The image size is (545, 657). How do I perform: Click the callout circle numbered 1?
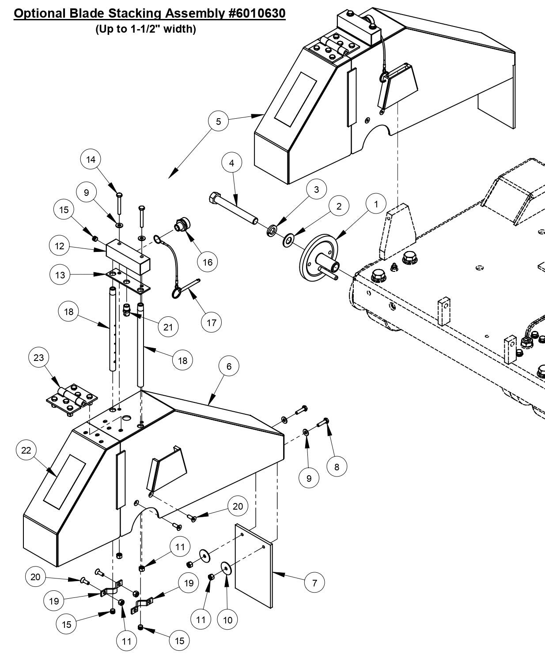pyautogui.click(x=376, y=204)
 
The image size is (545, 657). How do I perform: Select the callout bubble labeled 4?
pyautogui.click(x=231, y=163)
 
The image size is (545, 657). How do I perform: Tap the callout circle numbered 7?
pyautogui.click(x=314, y=583)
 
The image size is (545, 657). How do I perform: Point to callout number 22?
pyautogui.click(x=26, y=450)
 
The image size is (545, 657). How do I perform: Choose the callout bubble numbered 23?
pyautogui.click(x=39, y=357)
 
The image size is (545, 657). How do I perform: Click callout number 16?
pyautogui.click(x=207, y=262)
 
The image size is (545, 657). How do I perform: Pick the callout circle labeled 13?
pyautogui.click(x=60, y=275)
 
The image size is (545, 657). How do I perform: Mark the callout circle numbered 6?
pyautogui.click(x=229, y=366)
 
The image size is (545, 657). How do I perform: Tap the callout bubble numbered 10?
pyautogui.click(x=227, y=620)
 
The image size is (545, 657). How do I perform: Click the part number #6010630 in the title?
pyautogui.click(x=257, y=14)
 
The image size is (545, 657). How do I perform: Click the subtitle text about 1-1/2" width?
pyautogui.click(x=146, y=30)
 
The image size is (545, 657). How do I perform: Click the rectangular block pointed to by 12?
pyautogui.click(x=128, y=252)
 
